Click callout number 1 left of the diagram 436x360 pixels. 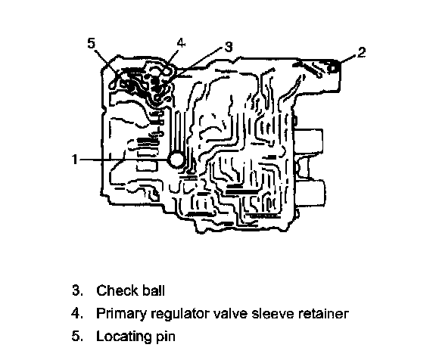74,160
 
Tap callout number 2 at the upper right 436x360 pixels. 361,52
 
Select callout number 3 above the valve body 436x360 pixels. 229,47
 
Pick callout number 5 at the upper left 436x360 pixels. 91,43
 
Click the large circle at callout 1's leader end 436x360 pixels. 176,160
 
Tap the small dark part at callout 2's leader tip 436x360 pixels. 332,67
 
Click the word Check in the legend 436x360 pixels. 117,290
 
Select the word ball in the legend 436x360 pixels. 154,290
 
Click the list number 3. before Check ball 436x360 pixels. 77,290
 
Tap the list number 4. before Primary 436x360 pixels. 77,313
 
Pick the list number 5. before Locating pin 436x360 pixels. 77,336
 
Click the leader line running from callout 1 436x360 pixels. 124,160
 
